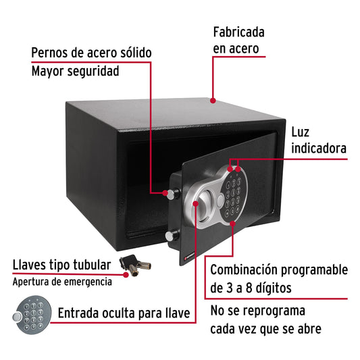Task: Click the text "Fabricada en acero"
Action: coord(238,40)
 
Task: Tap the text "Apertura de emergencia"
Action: coord(61,281)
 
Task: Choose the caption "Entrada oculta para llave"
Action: coord(122,313)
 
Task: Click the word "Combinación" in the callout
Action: coord(248,270)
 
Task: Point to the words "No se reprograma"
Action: coord(257,312)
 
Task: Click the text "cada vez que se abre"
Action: coord(265,329)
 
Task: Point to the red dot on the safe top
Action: coord(213,101)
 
